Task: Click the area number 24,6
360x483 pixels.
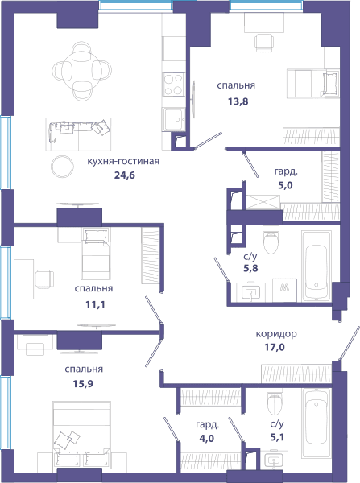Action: coord(125,175)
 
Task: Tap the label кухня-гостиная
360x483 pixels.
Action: coord(123,161)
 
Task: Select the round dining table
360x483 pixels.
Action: coord(81,71)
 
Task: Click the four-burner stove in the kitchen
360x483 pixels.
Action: coord(173,85)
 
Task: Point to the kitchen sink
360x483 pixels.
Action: coord(174,119)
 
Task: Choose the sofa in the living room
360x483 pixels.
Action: coord(78,134)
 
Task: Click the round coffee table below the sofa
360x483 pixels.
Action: coord(62,167)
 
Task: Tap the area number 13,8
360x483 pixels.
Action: coord(238,101)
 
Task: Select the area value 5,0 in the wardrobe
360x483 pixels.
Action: coord(285,185)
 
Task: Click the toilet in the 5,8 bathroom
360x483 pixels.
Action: coord(271,240)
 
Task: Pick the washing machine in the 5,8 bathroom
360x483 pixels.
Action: coord(284,290)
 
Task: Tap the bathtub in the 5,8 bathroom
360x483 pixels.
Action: coord(316,266)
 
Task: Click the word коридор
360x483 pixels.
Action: coord(276,334)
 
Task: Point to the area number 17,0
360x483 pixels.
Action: coord(275,347)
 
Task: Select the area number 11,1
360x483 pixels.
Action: coord(95,304)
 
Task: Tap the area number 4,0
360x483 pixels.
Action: coord(206,438)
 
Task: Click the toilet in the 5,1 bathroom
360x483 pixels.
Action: coord(275,401)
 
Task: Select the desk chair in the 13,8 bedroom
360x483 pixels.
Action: coord(263,43)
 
